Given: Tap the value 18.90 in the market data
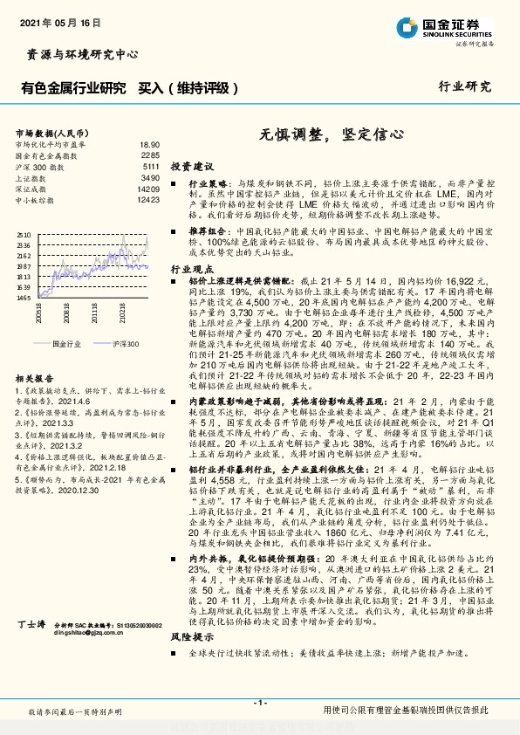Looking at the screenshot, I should click(149, 144).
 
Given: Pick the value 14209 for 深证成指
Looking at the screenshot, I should click(148, 189).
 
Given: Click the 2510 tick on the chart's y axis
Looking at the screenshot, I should click(23, 235).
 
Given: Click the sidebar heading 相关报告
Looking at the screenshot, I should click(35, 379).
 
